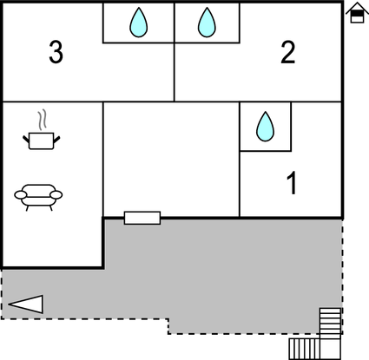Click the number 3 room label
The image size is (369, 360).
click(56, 52)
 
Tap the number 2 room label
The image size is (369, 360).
click(288, 52)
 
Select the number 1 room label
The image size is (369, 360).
click(292, 183)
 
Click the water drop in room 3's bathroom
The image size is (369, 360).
click(139, 23)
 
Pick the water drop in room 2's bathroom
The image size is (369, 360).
click(207, 23)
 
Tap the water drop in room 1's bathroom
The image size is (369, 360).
click(265, 127)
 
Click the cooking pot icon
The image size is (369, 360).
click(42, 141)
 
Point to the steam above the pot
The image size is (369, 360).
click(43, 119)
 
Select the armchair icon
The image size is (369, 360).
click(38, 198)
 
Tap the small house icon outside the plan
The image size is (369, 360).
click(357, 12)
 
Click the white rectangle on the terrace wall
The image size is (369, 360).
click(142, 218)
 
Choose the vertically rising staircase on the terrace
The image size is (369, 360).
click(330, 322)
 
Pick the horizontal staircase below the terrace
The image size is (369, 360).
click(305, 349)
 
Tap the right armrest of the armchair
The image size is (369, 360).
click(56, 195)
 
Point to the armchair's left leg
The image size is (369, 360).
click(28, 208)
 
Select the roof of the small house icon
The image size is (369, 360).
click(357, 8)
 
